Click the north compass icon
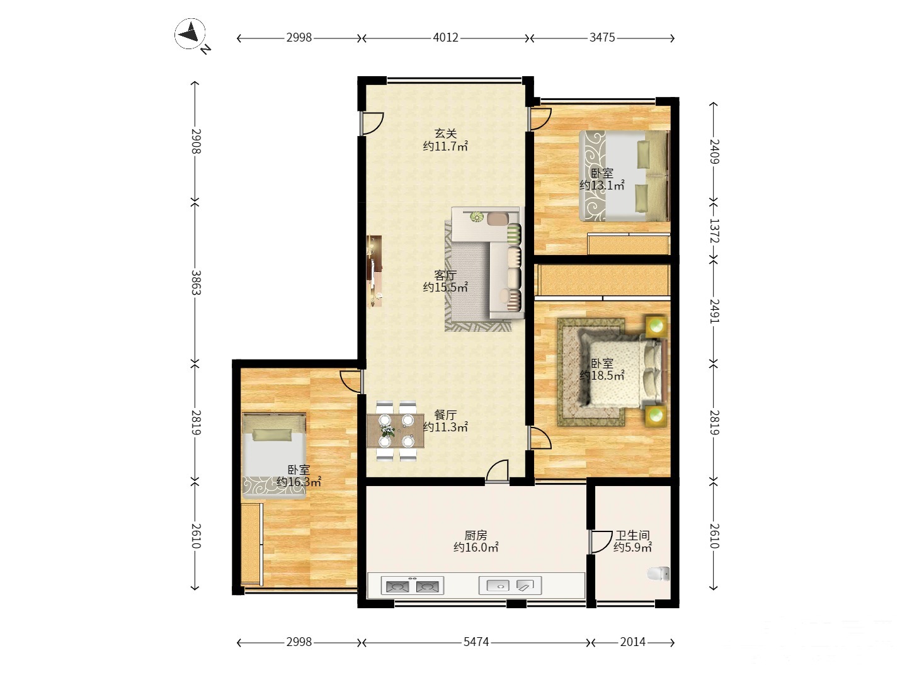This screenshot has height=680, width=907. point(190,34)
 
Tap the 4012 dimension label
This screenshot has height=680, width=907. point(445,38)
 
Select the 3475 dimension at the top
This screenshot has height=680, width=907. point(602,38)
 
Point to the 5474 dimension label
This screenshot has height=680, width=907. point(476,642)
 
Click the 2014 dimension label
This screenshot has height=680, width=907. point(632,642)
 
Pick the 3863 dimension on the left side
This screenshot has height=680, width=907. point(196,283)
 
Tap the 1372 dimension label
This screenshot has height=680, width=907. point(714,230)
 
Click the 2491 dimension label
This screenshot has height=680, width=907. point(714,311)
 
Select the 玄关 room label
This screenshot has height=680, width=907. point(445,133)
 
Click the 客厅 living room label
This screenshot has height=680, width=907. point(445,275)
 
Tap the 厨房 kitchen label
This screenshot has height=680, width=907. point(476,535)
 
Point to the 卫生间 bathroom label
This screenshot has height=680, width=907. point(632,535)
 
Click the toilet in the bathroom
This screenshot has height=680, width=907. point(658,574)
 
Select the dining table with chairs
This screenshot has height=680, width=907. point(396,431)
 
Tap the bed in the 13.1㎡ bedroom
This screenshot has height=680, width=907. point(624,176)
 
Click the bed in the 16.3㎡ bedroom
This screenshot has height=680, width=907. point(274,455)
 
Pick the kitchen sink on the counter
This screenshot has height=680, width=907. point(510,586)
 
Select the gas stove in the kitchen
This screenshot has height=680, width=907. point(412,586)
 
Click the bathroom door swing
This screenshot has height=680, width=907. point(601,541)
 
